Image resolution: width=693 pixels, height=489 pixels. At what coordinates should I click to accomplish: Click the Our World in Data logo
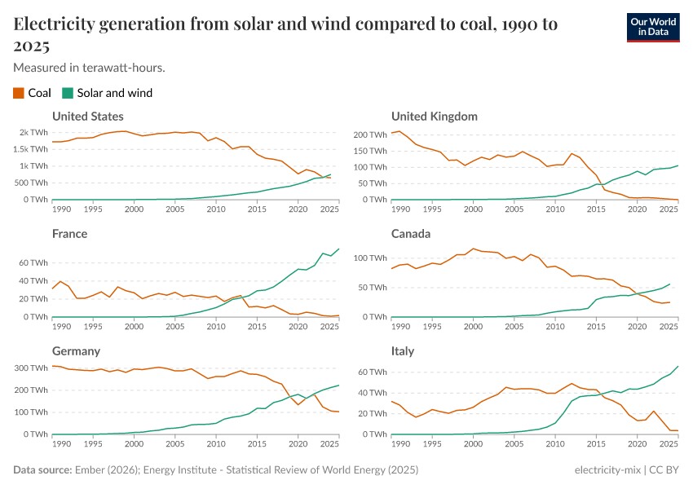pyautogui.click(x=653, y=26)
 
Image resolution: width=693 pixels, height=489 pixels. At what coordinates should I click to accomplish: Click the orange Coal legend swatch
pyautogui.click(x=19, y=93)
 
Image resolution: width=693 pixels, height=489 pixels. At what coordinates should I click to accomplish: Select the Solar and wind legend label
pyautogui.click(x=114, y=93)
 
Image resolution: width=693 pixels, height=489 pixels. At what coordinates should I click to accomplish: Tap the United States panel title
pyautogui.click(x=88, y=117)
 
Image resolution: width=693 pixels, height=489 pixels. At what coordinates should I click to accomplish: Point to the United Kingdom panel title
pyautogui.click(x=434, y=117)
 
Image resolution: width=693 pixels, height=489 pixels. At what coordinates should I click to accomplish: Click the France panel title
pyautogui.click(x=69, y=234)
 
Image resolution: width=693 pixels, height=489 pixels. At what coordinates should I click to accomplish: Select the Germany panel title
pyautogui.click(x=76, y=351)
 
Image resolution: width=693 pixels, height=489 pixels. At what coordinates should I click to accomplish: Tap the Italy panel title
pyautogui.click(x=403, y=351)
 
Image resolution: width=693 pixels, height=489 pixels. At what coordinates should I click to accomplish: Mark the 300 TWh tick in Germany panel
pyautogui.click(x=32, y=368)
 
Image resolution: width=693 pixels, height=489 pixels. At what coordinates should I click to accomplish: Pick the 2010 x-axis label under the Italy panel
pyautogui.click(x=554, y=444)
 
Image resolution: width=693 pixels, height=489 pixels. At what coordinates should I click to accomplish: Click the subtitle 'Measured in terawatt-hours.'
pyautogui.click(x=90, y=67)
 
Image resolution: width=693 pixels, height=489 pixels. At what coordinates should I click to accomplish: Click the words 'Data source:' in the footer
pyautogui.click(x=42, y=470)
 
